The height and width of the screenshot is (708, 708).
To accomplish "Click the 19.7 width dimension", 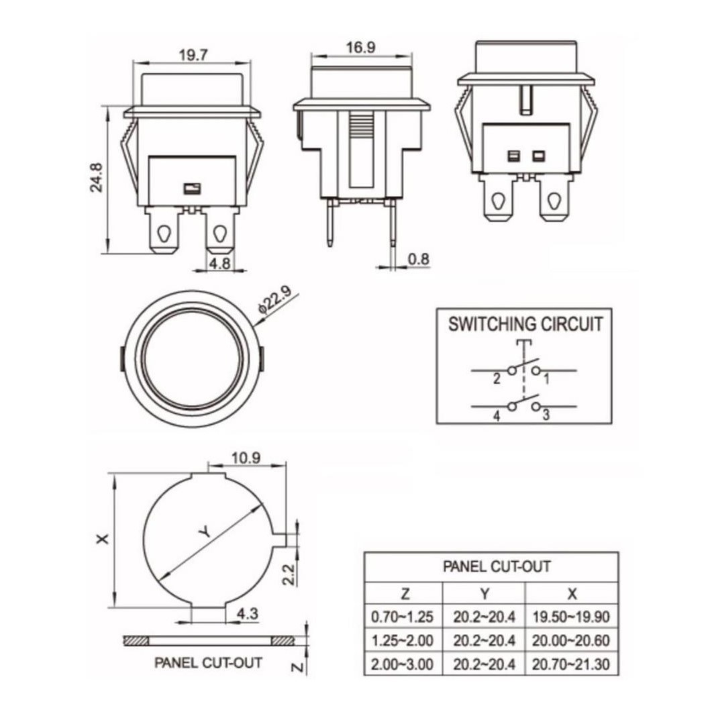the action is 193,55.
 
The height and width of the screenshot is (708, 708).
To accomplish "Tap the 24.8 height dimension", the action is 96,178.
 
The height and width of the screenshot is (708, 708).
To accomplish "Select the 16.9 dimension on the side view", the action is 361,48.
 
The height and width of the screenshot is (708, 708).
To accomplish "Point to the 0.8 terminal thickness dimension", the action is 419,259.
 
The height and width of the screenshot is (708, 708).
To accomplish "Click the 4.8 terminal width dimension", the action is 220,263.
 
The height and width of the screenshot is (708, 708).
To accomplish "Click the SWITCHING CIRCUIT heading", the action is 525,324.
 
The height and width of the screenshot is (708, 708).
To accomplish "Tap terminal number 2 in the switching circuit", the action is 496,379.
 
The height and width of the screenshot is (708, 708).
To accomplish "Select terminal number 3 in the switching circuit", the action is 546,415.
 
